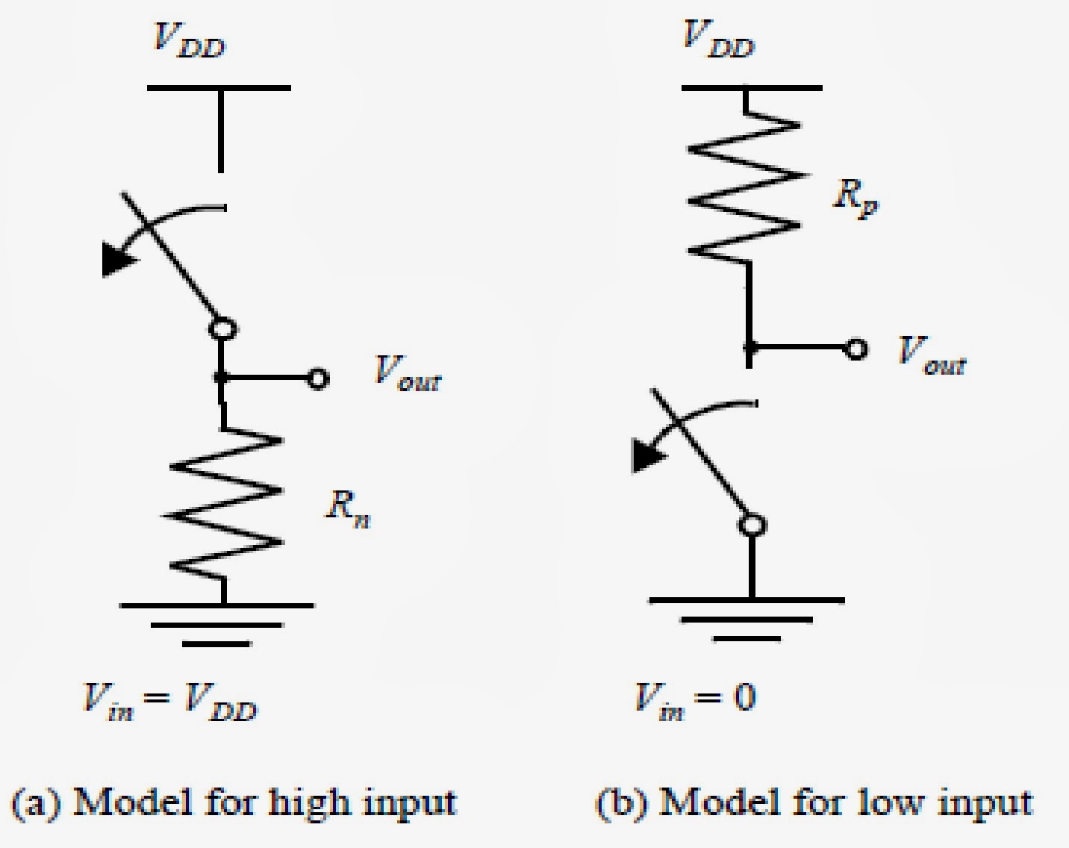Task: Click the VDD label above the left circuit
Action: pos(188,40)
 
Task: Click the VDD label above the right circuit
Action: pos(718,40)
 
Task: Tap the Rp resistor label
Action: pos(856,197)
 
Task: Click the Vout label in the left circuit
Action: pos(408,372)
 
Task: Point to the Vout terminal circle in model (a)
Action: pos(318,379)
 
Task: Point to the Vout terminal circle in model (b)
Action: pos(855,349)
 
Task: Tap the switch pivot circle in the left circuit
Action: pos(222,328)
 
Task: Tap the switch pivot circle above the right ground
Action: pos(752,526)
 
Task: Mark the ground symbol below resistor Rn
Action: pos(217,623)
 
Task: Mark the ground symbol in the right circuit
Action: pos(747,619)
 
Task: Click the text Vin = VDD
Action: pos(169,702)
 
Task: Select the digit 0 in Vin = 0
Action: pos(744,698)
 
